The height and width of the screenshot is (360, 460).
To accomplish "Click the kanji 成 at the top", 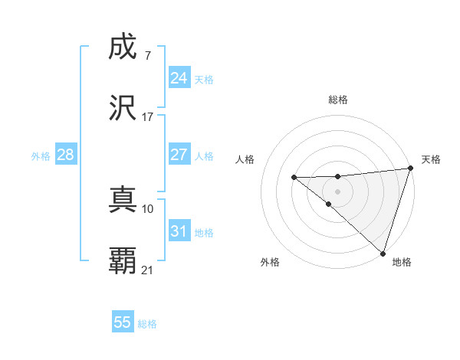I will click(123, 47).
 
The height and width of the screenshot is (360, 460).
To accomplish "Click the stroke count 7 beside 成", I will click(147, 55).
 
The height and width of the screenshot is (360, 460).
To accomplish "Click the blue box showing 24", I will click(179, 78).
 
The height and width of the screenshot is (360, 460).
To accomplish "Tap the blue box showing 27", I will click(179, 155).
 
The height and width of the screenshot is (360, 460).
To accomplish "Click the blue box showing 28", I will click(65, 155).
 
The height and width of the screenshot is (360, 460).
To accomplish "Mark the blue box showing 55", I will click(123, 322).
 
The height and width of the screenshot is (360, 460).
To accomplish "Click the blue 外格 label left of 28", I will click(41, 156).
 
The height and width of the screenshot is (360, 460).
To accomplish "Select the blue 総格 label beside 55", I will click(147, 324).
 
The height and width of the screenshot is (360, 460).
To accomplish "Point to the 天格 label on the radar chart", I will click(431, 159).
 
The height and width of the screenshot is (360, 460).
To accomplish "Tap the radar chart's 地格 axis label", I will click(402, 262).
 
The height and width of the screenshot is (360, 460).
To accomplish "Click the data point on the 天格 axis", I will click(410, 169).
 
